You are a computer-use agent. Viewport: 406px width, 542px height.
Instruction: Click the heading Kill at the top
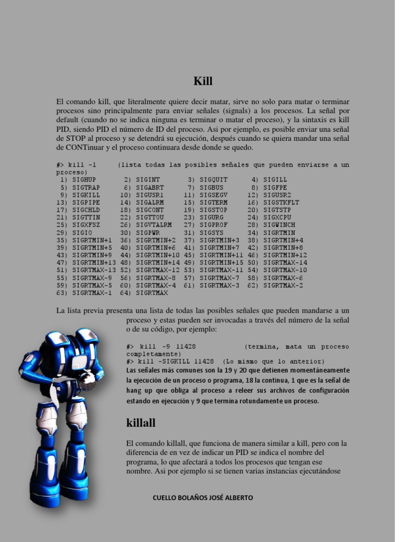(203, 81)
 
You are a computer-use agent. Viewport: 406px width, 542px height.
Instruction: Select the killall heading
(141, 423)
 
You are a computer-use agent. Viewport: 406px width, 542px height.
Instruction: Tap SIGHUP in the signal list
(84, 180)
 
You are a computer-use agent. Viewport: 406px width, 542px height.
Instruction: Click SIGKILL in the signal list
(86, 195)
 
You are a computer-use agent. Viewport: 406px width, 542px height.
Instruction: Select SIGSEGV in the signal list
(214, 195)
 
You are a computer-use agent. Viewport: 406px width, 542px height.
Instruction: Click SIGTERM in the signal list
(214, 202)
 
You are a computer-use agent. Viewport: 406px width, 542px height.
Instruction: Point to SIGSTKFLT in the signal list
(281, 202)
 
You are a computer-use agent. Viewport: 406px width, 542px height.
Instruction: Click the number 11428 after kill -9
(186, 347)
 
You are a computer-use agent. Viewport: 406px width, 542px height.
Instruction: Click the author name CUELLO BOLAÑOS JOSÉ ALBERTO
(203, 498)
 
